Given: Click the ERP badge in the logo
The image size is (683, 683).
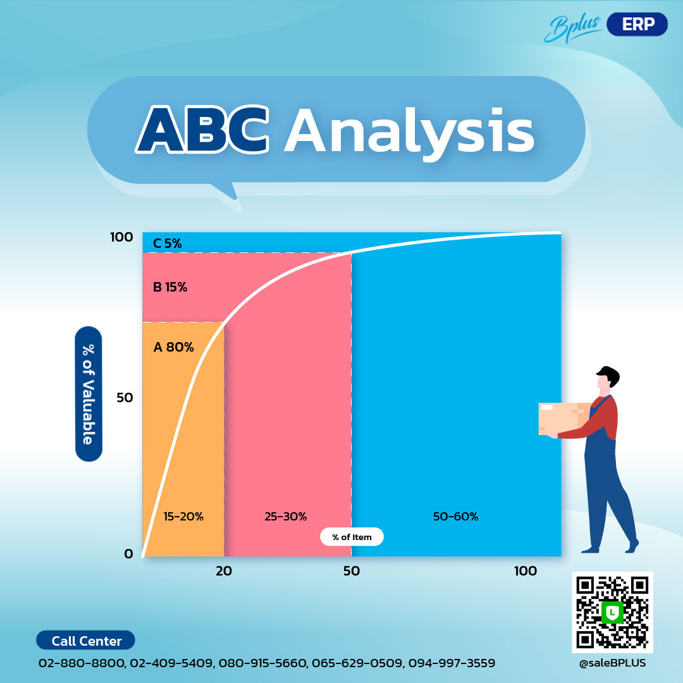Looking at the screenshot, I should click(x=637, y=24).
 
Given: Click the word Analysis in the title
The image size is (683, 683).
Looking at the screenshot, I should click(x=409, y=131).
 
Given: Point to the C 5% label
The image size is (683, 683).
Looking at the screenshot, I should click(x=167, y=243).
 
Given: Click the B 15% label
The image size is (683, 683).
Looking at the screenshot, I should click(x=170, y=287).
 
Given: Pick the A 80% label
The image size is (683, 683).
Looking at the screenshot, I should click(x=173, y=347).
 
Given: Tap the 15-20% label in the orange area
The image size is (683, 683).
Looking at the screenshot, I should click(x=183, y=517).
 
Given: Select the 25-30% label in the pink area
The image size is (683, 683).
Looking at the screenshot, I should click(x=285, y=517).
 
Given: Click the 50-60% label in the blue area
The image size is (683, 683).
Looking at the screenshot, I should click(x=455, y=517).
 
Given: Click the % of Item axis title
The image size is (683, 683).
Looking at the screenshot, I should click(x=352, y=537).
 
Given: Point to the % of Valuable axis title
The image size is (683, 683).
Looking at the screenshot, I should click(x=88, y=394).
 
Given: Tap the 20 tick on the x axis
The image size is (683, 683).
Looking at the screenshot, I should click(x=224, y=571).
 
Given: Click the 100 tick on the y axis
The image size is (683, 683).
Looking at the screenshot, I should click(x=121, y=237).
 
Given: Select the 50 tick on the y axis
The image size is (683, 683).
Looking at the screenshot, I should click(x=124, y=398).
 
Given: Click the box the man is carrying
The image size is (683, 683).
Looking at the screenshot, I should click(x=562, y=418).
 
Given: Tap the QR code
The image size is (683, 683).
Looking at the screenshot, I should click(x=612, y=612).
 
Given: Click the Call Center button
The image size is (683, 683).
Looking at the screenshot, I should click(x=86, y=641).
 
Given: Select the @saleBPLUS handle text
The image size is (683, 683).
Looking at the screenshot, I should click(x=612, y=663).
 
